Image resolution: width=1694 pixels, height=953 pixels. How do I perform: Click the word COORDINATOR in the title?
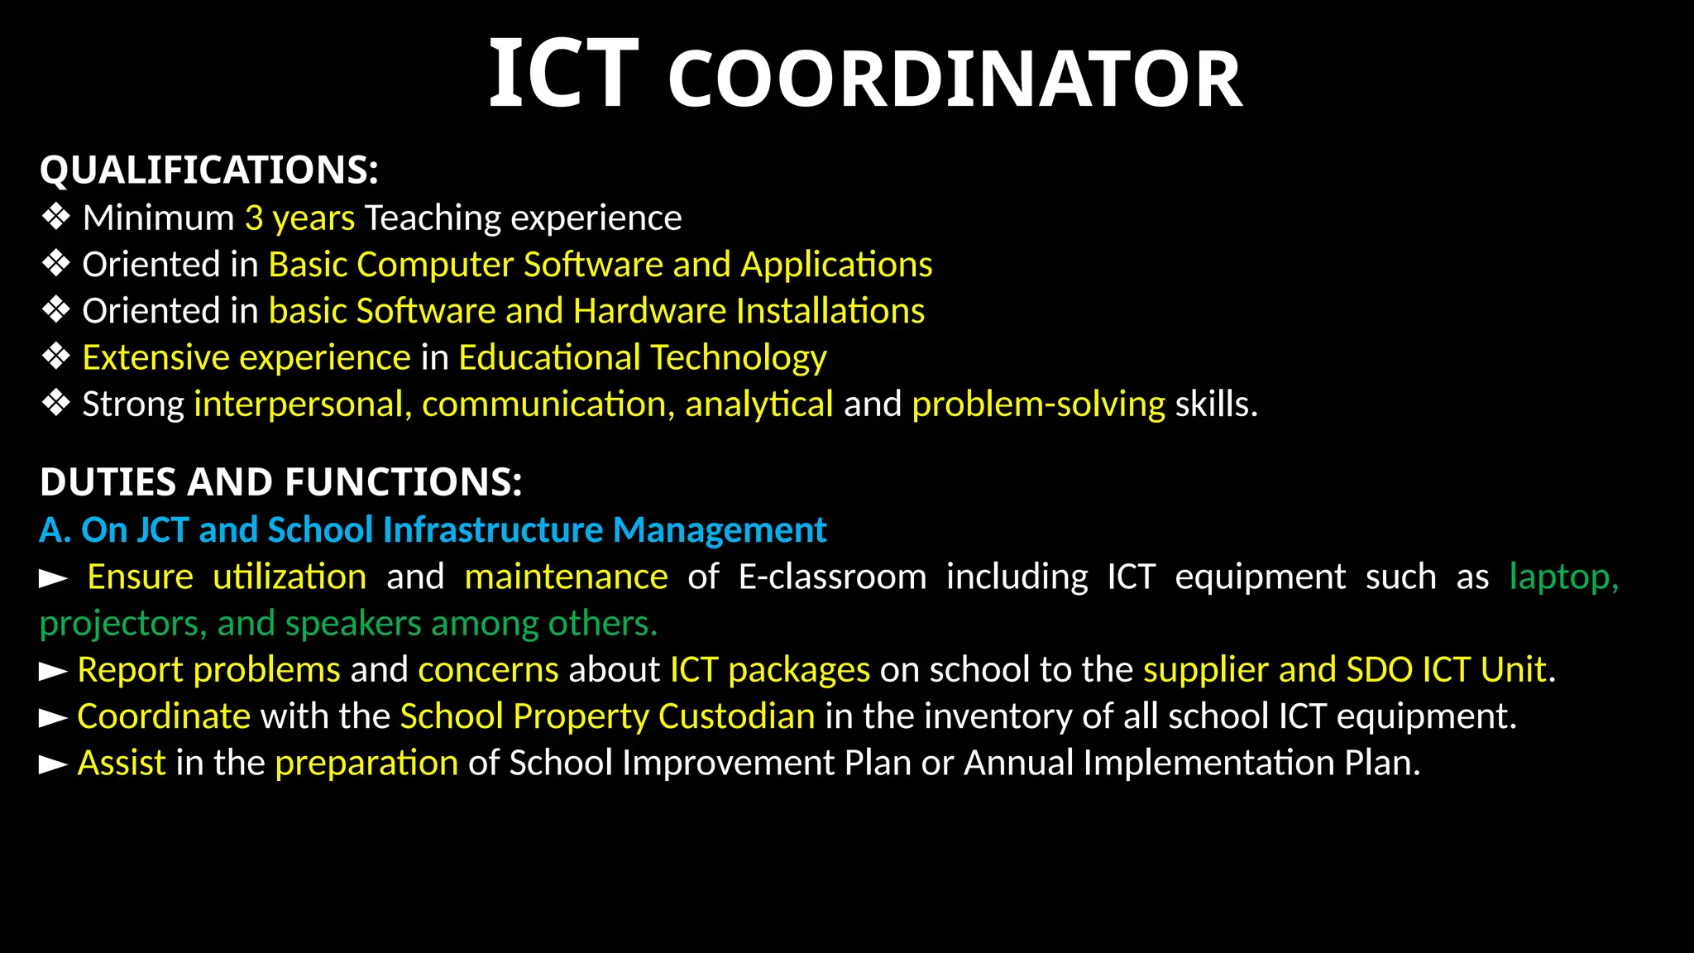[x=955, y=79]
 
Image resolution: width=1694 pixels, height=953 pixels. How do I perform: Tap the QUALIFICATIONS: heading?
[x=209, y=170]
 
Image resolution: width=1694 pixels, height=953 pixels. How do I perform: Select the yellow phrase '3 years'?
[x=299, y=218]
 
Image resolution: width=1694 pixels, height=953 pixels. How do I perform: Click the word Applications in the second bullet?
[x=836, y=265]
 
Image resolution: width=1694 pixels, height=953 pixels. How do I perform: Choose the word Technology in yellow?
[x=739, y=358]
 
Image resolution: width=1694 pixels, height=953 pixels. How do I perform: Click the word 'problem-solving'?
[x=1038, y=405]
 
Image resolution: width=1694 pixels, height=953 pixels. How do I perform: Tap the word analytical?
[x=758, y=405]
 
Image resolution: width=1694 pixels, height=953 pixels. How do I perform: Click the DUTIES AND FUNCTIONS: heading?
[x=281, y=482]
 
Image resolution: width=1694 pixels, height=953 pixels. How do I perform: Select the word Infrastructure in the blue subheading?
[x=493, y=529]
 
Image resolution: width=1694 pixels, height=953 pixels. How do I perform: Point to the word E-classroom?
[x=832, y=577]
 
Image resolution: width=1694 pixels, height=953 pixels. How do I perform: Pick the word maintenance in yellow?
[x=566, y=577]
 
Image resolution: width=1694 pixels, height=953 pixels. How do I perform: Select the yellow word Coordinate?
[x=164, y=716]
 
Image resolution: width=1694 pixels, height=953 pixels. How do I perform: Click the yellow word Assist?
[x=122, y=763]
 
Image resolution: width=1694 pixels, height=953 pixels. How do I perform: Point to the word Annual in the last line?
[x=1018, y=763]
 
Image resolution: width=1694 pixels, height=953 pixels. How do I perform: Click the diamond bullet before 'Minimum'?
[x=56, y=218]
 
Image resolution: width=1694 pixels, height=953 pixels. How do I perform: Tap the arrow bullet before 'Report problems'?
[x=54, y=671]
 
